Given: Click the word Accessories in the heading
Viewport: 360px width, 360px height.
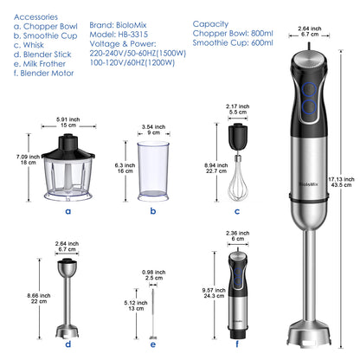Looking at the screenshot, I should pyautogui.click(x=34, y=15).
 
